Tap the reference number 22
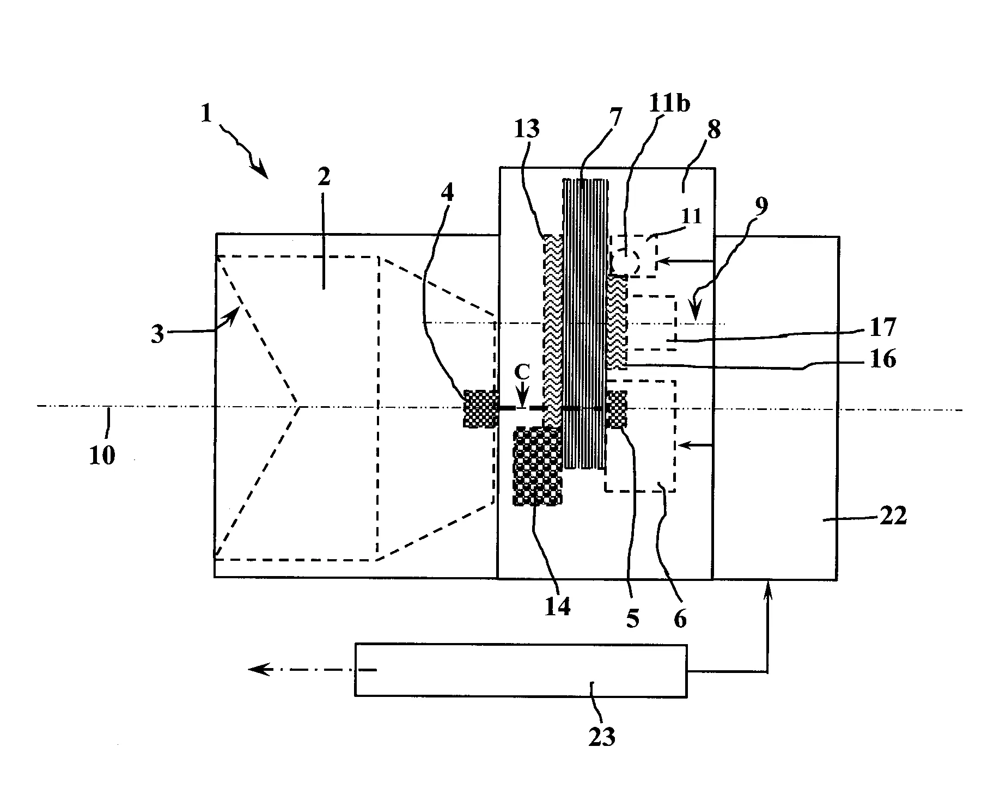[893, 515]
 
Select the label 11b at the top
[668, 103]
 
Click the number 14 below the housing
[557, 606]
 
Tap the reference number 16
[883, 359]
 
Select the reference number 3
[157, 334]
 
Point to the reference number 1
[205, 114]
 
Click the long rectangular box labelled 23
[520, 670]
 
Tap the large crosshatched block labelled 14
[536, 466]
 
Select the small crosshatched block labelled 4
[479, 408]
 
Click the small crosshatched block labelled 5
[617, 409]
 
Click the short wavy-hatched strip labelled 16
[617, 321]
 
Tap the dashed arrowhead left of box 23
[256, 669]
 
